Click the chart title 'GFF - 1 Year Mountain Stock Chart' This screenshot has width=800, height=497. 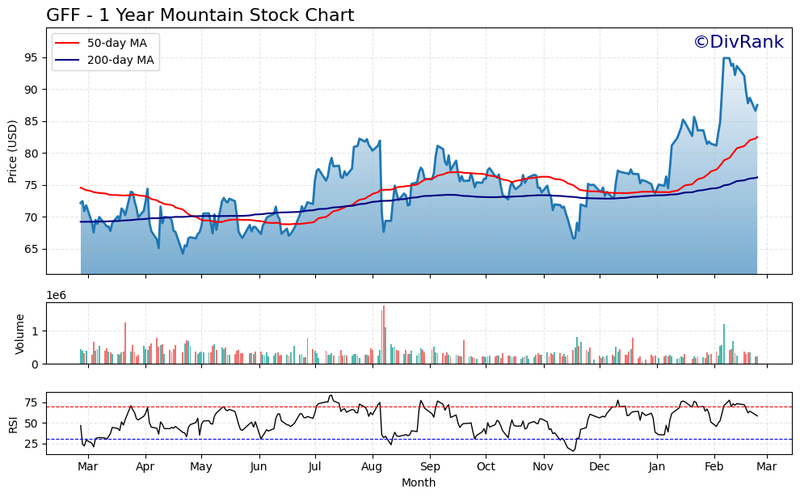(200, 15)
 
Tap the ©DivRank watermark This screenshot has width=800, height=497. (738, 42)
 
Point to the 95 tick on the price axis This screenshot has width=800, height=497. (33, 57)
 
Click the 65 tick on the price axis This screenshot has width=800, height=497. (33, 249)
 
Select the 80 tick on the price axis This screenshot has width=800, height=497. (33, 154)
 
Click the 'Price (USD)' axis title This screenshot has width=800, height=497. (13, 151)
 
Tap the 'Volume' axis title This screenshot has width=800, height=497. (20, 334)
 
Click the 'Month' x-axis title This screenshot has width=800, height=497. (419, 483)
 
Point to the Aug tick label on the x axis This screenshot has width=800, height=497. (372, 466)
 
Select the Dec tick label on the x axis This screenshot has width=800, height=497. (599, 466)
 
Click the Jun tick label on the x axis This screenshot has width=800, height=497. (259, 466)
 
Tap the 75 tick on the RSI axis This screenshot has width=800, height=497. (33, 402)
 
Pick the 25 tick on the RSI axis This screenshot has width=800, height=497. (33, 444)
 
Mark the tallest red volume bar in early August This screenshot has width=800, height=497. (383, 335)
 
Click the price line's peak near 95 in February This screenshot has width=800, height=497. (726, 58)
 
